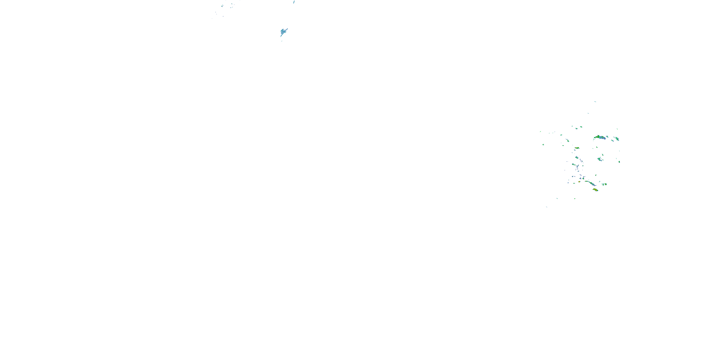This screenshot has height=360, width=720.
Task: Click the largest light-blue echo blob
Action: pyautogui.click(x=284, y=32)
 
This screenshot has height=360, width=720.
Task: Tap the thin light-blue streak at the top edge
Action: pyautogui.click(x=294, y=2)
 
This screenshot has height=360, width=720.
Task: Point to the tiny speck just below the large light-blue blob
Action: pyautogui.click(x=282, y=41)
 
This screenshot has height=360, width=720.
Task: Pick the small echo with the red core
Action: pyautogui.click(x=579, y=182)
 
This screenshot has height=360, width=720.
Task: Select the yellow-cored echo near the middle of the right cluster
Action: pyautogui.click(x=577, y=148)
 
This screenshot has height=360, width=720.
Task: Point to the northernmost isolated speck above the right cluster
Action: pyautogui.click(x=595, y=102)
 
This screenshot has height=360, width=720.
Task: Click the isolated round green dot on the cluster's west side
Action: pyautogui.click(x=543, y=144)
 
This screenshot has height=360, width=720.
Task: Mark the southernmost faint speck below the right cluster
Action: pyautogui.click(x=546, y=207)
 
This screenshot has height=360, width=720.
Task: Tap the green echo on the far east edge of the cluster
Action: pyautogui.click(x=619, y=162)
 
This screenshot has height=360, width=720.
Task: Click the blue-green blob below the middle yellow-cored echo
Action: pyautogui.click(x=577, y=158)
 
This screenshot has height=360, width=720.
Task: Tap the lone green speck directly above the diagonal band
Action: pyautogui.click(x=596, y=175)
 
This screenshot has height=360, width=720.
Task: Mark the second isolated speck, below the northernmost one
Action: pyautogui.click(x=588, y=113)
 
